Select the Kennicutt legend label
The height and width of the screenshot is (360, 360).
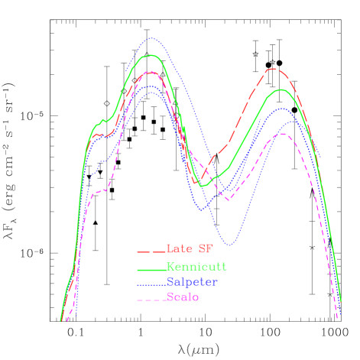196,267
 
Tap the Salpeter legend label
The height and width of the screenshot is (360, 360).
192,281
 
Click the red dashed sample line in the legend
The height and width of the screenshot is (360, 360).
151,251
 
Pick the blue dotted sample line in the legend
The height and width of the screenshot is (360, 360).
151,284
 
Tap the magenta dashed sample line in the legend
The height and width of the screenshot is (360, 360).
151,298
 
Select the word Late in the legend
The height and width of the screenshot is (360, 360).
181,249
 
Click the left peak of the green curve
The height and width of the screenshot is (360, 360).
151,55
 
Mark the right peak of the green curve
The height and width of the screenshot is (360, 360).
282,89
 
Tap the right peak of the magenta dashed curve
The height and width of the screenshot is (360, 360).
282,134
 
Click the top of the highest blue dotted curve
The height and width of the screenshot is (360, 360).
151,37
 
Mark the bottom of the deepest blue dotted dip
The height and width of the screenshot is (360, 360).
230,245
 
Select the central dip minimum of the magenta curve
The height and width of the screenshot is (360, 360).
228,199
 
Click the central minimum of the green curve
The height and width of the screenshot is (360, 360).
202,186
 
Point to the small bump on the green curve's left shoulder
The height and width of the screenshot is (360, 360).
102,121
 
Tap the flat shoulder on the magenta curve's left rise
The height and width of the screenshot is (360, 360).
98,193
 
